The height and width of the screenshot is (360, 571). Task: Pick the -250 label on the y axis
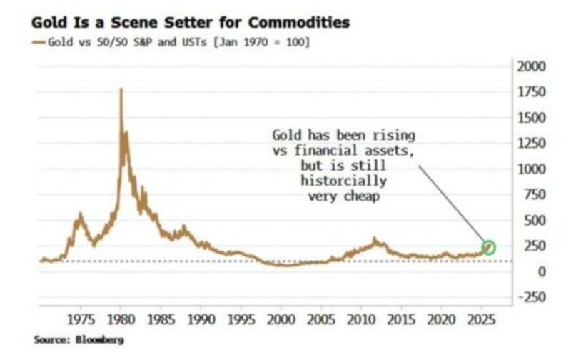point(530,297)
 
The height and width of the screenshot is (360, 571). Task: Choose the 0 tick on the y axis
point(523,271)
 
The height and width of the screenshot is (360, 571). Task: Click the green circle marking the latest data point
point(488,247)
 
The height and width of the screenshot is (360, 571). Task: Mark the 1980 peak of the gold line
point(121,90)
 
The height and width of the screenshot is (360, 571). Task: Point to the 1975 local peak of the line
point(80,214)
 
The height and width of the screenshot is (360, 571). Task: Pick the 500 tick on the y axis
point(527,220)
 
